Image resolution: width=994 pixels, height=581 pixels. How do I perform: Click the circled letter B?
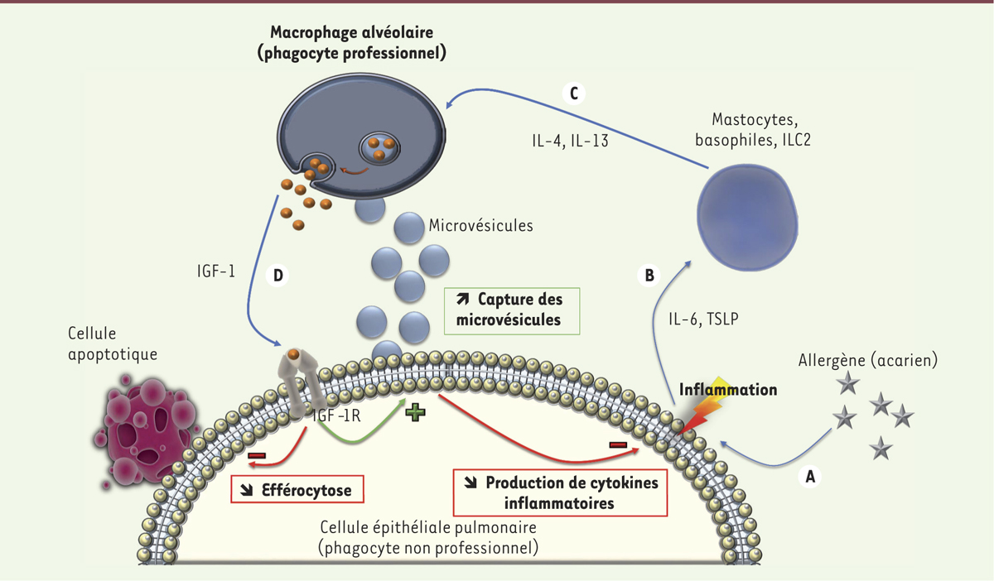[650, 275]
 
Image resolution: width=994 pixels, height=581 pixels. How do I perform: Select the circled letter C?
[572, 93]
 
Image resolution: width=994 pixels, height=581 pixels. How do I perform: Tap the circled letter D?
[279, 275]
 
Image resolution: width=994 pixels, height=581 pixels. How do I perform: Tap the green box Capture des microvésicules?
[512, 310]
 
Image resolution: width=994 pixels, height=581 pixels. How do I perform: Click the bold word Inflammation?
[728, 389]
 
